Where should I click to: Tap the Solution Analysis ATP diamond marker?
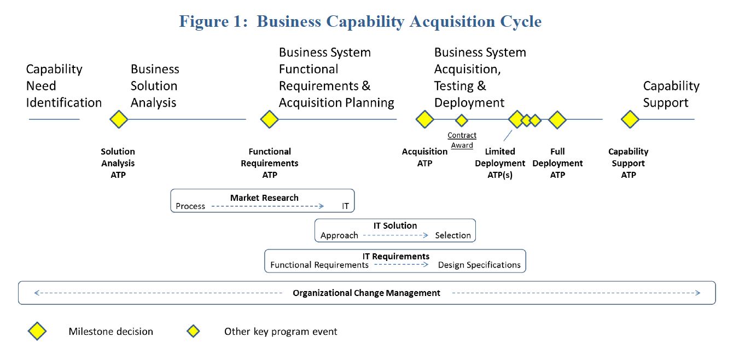[x=119, y=119]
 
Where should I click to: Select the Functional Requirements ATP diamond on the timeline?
[x=269, y=119]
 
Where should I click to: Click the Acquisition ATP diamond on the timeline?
[x=424, y=119]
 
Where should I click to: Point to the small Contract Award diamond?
[x=462, y=120]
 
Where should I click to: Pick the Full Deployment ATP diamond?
[x=557, y=119]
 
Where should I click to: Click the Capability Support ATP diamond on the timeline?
[x=630, y=119]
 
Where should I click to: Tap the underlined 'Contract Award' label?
[x=462, y=140]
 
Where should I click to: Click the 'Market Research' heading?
[x=264, y=198]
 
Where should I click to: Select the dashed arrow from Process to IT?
[x=267, y=206]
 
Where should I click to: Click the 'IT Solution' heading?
[x=395, y=226]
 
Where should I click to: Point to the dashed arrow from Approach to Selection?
[x=395, y=235]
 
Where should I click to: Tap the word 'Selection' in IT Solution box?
[x=453, y=235]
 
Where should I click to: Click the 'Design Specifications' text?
[x=479, y=265]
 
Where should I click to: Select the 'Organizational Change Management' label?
[x=366, y=293]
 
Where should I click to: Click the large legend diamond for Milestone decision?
[x=37, y=331]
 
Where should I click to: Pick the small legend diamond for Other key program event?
[x=193, y=331]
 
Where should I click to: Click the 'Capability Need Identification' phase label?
[x=63, y=86]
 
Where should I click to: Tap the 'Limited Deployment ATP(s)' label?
[x=500, y=164]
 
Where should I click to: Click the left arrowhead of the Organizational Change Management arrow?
[x=36, y=293]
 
